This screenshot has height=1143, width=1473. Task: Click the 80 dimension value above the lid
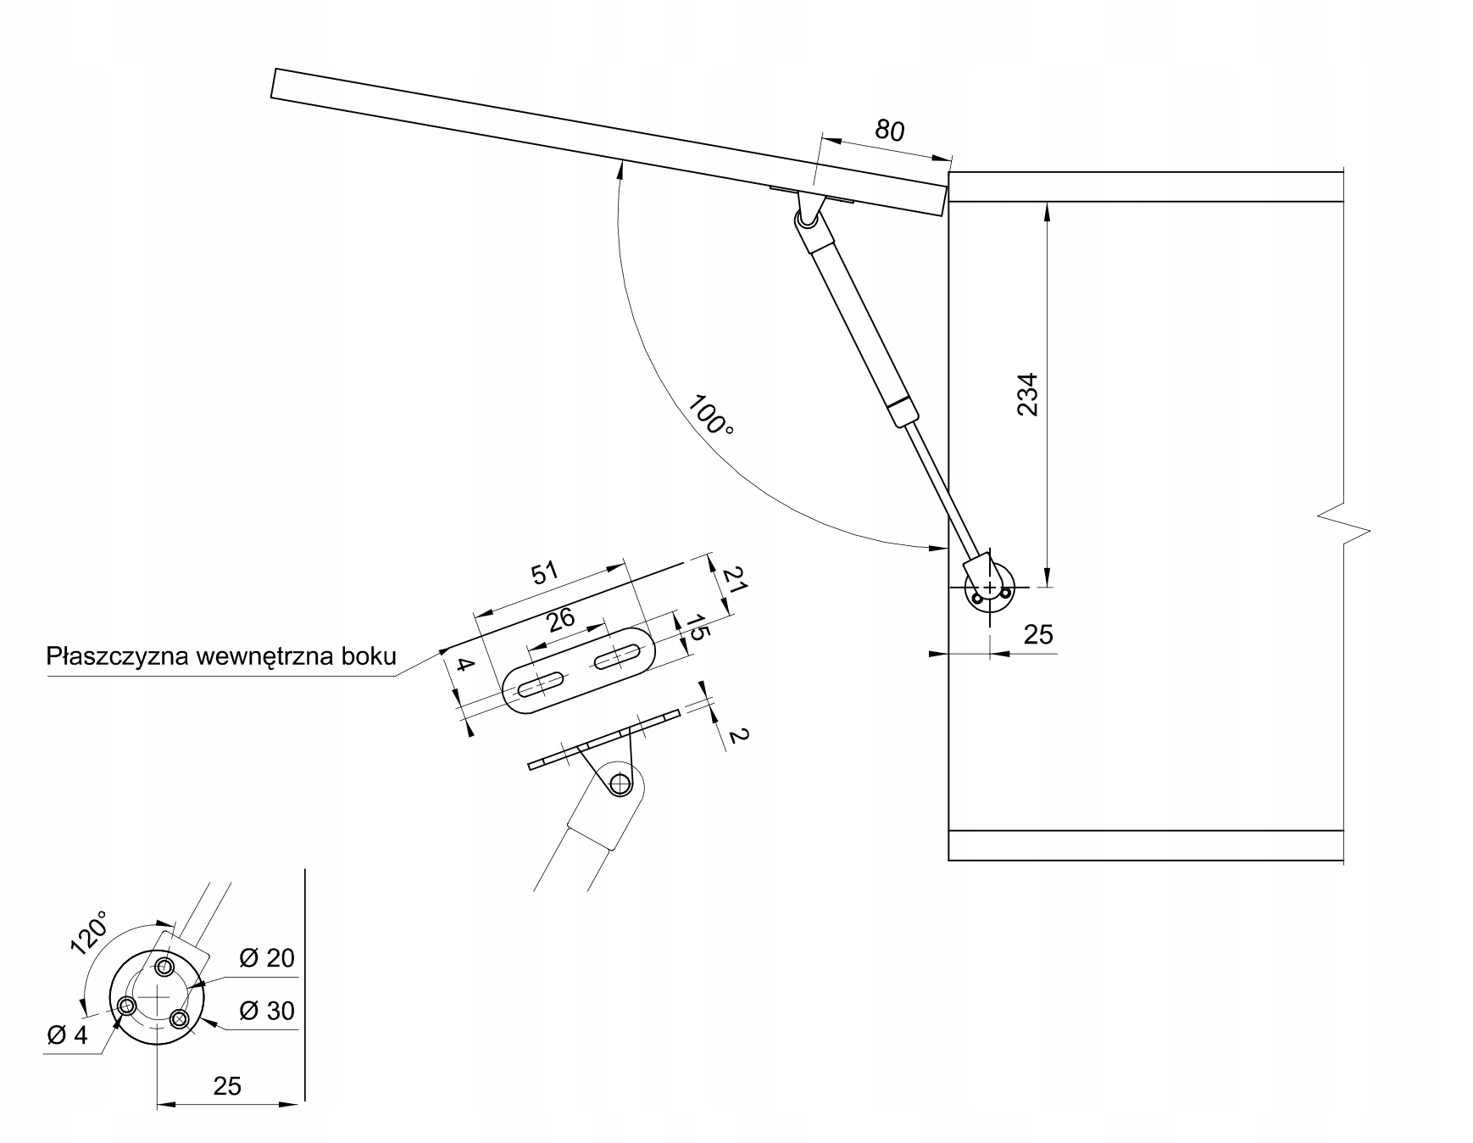coord(890,131)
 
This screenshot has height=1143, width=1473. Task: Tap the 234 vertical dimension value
coord(1027,394)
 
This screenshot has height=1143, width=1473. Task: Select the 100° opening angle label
coord(710,415)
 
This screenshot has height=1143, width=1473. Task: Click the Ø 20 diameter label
coord(266,958)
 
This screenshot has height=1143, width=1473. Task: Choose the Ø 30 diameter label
coord(266,1011)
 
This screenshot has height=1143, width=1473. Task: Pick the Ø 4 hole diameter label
coord(67,1035)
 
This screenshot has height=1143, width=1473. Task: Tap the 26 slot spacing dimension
coord(560,619)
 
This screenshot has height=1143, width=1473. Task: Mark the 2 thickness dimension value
coord(736,735)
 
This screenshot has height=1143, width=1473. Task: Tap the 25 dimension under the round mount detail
coord(227,1085)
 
